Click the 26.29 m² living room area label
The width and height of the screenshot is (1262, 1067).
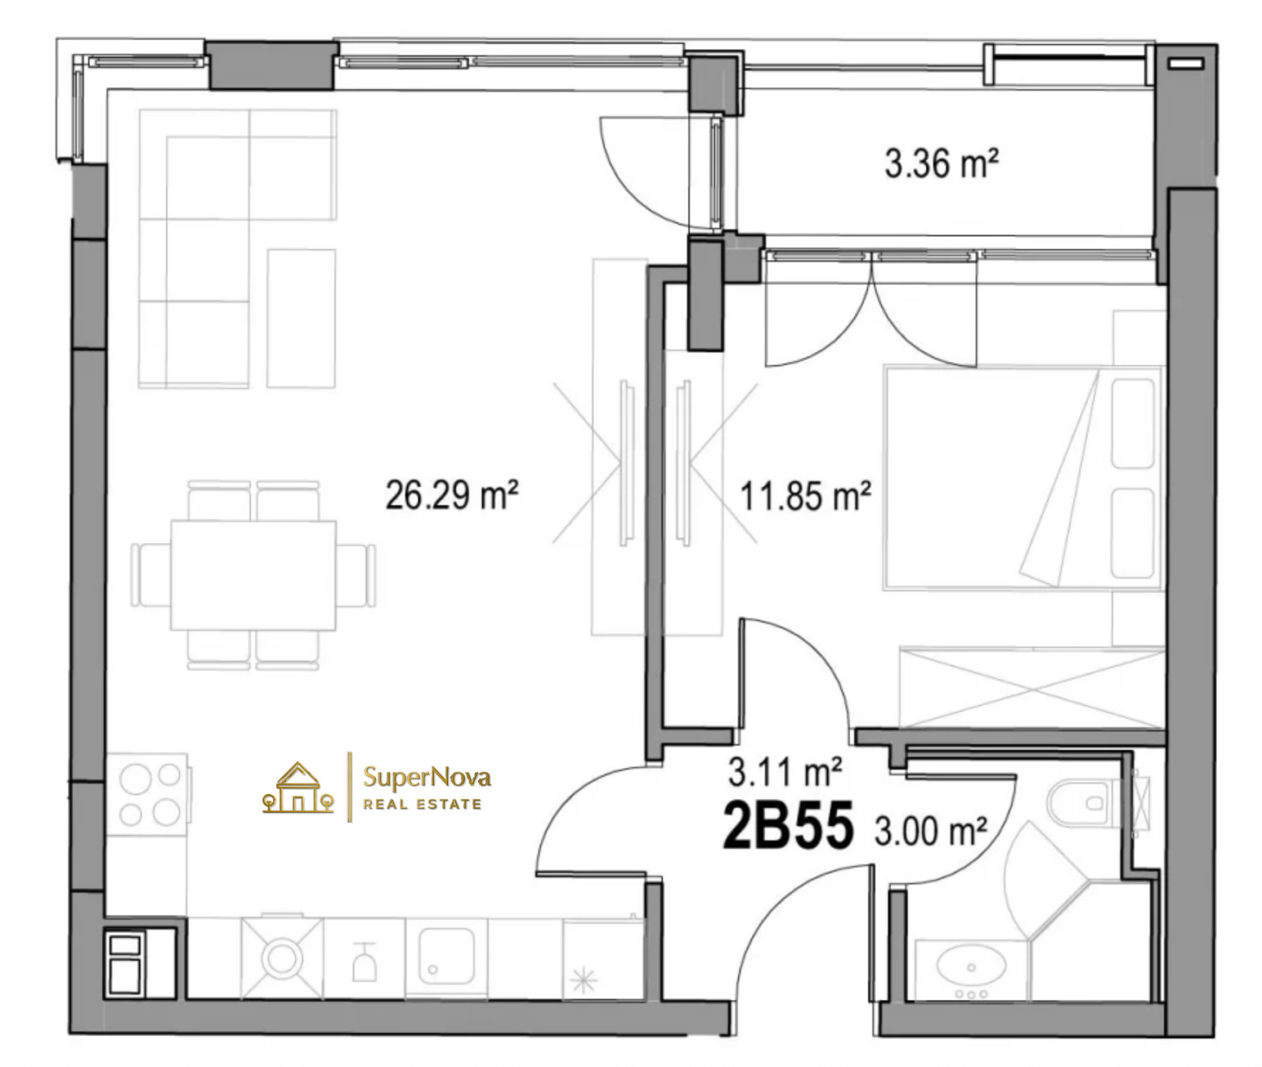pyautogui.click(x=451, y=495)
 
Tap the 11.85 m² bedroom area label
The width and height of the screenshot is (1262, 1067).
pyautogui.click(x=805, y=496)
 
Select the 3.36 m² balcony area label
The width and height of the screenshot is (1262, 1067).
pyautogui.click(x=941, y=164)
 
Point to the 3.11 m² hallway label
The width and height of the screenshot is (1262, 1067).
pyautogui.click(x=785, y=772)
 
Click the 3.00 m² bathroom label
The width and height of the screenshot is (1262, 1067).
pyautogui.click(x=931, y=831)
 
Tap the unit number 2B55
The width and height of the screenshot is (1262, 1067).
pyautogui.click(x=788, y=826)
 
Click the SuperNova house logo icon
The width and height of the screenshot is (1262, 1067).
pyautogui.click(x=297, y=787)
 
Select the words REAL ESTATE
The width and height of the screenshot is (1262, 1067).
pyautogui.click(x=422, y=804)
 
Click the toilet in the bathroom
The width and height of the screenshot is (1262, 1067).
pyautogui.click(x=1088, y=803)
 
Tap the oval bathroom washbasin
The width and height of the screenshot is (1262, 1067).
pyautogui.click(x=971, y=967)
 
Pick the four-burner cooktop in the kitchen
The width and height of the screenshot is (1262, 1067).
pyautogui.click(x=149, y=795)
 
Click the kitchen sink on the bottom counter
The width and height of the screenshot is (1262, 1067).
pyautogui.click(x=446, y=956)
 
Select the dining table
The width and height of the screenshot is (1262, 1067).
pyautogui.click(x=253, y=575)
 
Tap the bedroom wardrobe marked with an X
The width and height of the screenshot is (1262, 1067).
pyautogui.click(x=1032, y=686)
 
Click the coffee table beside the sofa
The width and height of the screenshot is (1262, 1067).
pyautogui.click(x=301, y=319)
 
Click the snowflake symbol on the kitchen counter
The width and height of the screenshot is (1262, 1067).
pyautogui.click(x=584, y=981)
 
